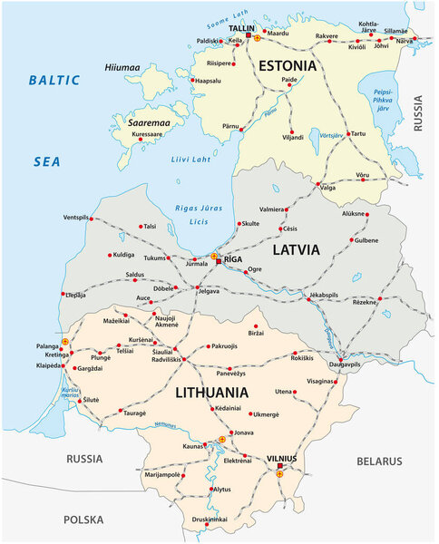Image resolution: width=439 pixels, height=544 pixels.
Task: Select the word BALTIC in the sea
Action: (54, 80)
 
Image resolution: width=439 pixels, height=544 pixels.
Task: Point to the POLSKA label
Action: (85, 520)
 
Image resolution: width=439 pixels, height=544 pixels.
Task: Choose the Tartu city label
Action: (358, 133)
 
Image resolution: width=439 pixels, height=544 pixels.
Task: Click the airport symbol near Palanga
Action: (64, 342)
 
